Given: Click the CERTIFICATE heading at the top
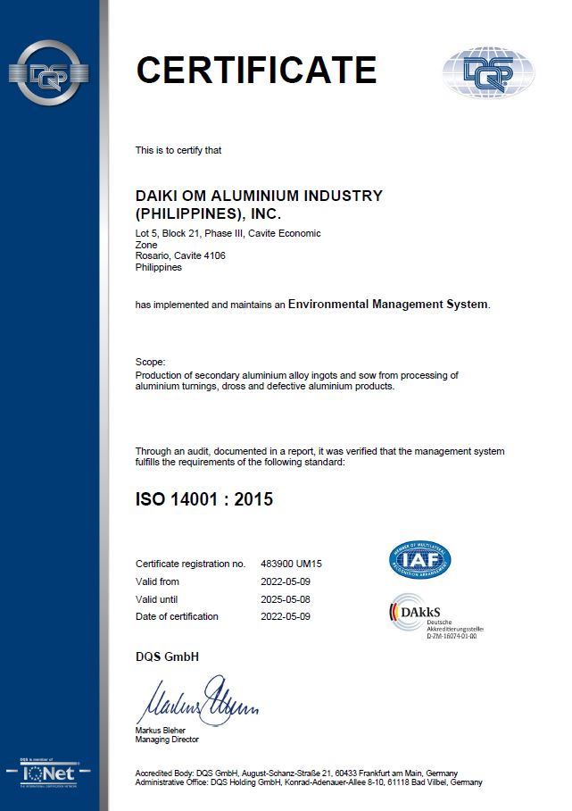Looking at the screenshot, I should pyautogui.click(x=256, y=70).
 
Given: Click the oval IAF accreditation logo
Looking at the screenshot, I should pyautogui.click(x=419, y=560).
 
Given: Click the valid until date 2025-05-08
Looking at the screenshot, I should pyautogui.click(x=286, y=598).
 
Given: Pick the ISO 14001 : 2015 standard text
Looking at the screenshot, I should pyautogui.click(x=204, y=499).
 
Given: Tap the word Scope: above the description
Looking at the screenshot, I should pyautogui.click(x=150, y=362).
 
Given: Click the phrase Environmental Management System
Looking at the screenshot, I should pyautogui.click(x=388, y=305).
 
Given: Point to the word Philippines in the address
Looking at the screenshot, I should pyautogui.click(x=158, y=267).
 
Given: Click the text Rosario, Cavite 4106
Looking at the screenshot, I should pyautogui.click(x=180, y=255).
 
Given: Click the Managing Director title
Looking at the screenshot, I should pyautogui.click(x=167, y=740).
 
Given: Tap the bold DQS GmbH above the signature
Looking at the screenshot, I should pyautogui.click(x=167, y=657).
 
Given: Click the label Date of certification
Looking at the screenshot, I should pyautogui.click(x=177, y=616).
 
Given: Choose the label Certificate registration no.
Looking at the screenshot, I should pyautogui.click(x=189, y=564).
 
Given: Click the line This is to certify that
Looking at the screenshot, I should pyautogui.click(x=178, y=150).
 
